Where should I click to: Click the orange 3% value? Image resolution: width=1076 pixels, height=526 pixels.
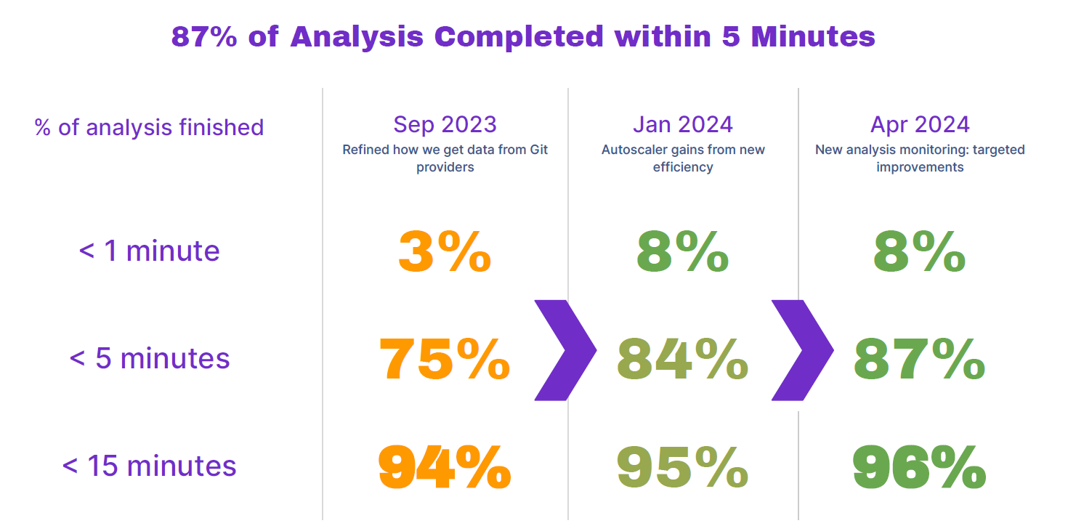click(x=445, y=251)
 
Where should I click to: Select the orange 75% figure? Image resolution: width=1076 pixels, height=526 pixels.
click(x=445, y=359)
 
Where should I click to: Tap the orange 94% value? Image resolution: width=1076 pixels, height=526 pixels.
click(x=445, y=466)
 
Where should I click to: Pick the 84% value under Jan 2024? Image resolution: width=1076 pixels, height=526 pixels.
click(x=683, y=359)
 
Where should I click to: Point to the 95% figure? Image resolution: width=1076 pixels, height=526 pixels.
click(x=683, y=466)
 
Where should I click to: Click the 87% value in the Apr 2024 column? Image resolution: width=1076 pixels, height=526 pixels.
click(x=919, y=359)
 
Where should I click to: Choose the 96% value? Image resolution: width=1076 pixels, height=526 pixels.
click(x=919, y=466)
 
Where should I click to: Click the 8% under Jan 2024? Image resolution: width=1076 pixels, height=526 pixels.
click(x=683, y=251)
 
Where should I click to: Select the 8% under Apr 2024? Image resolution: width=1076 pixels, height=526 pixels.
click(x=919, y=251)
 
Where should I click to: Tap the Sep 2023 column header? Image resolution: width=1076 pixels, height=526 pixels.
click(x=445, y=125)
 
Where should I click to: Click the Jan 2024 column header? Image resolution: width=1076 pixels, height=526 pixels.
click(x=683, y=125)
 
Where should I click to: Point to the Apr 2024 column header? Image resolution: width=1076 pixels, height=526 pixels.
click(x=920, y=125)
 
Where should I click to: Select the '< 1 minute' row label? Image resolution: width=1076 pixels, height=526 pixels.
click(x=150, y=251)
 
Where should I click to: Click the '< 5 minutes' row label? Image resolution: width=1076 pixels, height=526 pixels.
click(x=150, y=358)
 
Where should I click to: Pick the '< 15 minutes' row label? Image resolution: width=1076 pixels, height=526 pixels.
click(x=150, y=466)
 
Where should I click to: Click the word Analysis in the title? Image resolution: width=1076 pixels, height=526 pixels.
click(x=357, y=37)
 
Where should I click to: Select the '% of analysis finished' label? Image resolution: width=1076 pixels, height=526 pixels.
click(x=150, y=128)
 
